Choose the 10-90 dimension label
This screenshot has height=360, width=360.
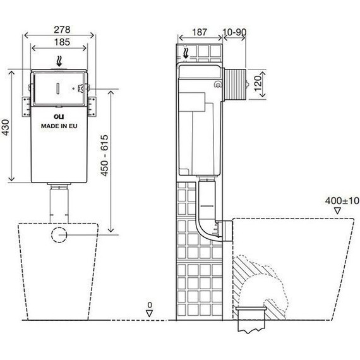click(234, 31)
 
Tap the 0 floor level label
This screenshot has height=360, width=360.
click(150, 306)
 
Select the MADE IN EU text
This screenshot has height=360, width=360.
click(59, 126)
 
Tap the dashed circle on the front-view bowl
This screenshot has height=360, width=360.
click(59, 234)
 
